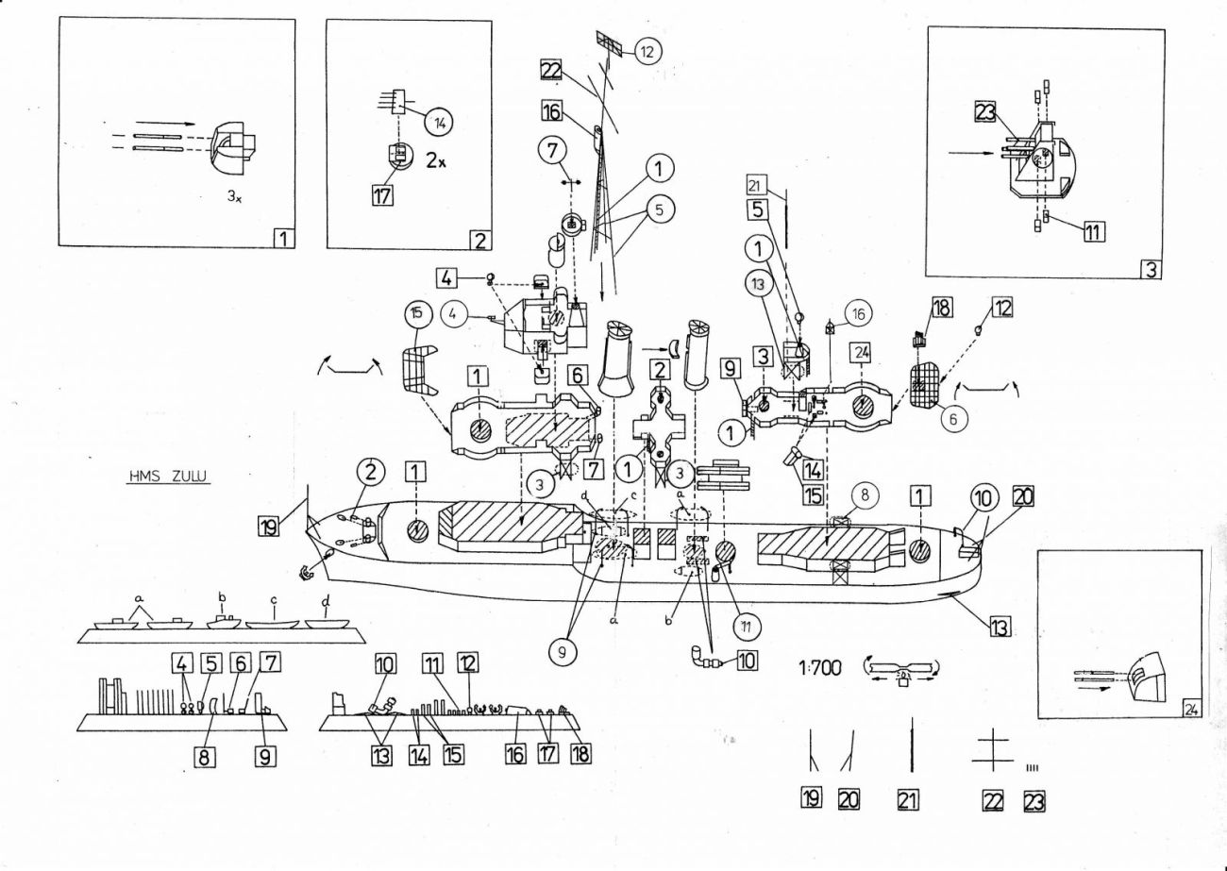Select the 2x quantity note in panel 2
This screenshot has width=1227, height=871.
[x=435, y=160]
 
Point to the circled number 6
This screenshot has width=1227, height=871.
[x=954, y=418]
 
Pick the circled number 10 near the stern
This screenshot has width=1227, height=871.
[x=982, y=498]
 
